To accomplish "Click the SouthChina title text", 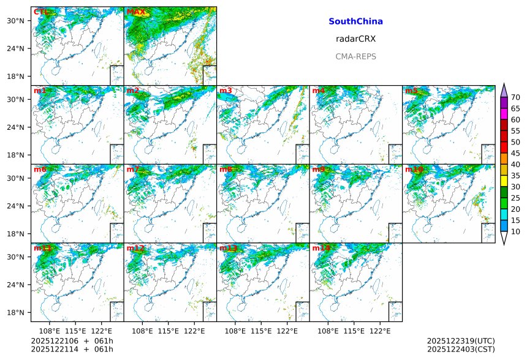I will (355, 21).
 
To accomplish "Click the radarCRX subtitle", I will (355, 39).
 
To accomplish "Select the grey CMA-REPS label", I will (355, 56).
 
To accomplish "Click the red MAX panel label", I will (136, 12).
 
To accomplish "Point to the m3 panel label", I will (226, 91).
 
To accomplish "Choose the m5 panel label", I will (411, 91).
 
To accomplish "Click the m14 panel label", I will (321, 248).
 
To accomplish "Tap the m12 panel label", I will (135, 248).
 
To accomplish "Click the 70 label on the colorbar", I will (515, 97).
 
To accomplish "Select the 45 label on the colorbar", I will (515, 153).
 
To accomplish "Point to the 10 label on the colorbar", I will (515, 231).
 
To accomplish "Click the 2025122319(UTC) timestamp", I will (460, 340).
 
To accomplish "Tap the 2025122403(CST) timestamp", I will (460, 349).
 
